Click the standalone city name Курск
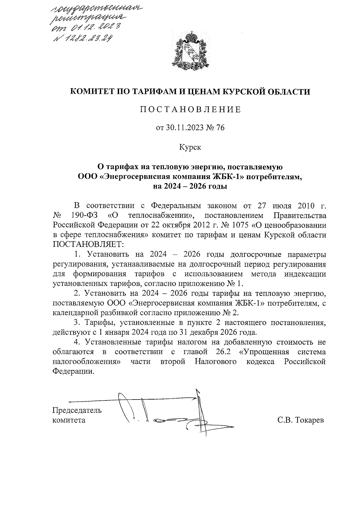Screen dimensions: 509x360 click(x=190, y=147)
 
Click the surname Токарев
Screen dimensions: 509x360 click(x=310, y=420)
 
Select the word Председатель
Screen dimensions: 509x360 click(x=77, y=410)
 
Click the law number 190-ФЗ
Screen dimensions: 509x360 click(x=85, y=215)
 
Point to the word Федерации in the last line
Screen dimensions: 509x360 click(x=71, y=371)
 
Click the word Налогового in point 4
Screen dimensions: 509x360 click(x=215, y=361)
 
